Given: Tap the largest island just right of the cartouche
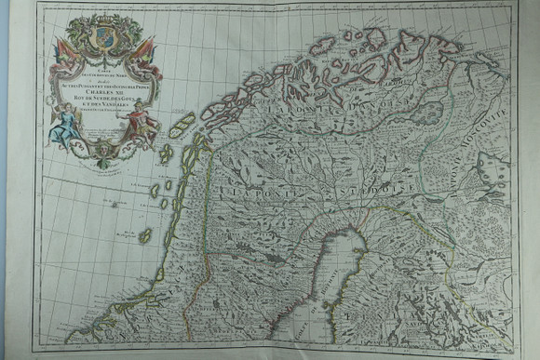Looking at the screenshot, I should pos(182,126).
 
